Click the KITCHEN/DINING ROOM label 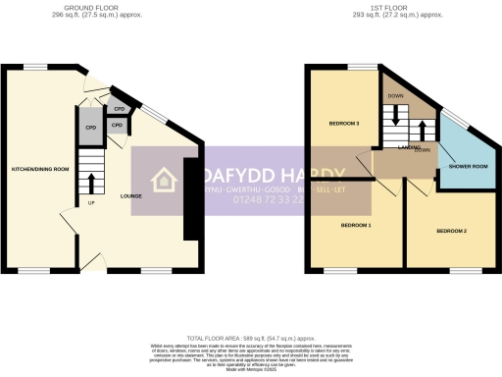tap(40, 170)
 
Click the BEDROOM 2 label tap(451, 231)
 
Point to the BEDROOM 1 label tap(355, 226)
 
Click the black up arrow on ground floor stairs tap(92, 183)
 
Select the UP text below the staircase tap(92, 204)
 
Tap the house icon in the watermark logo tap(162, 180)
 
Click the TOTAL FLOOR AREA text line tap(251, 335)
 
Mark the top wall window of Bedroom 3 tap(363, 66)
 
